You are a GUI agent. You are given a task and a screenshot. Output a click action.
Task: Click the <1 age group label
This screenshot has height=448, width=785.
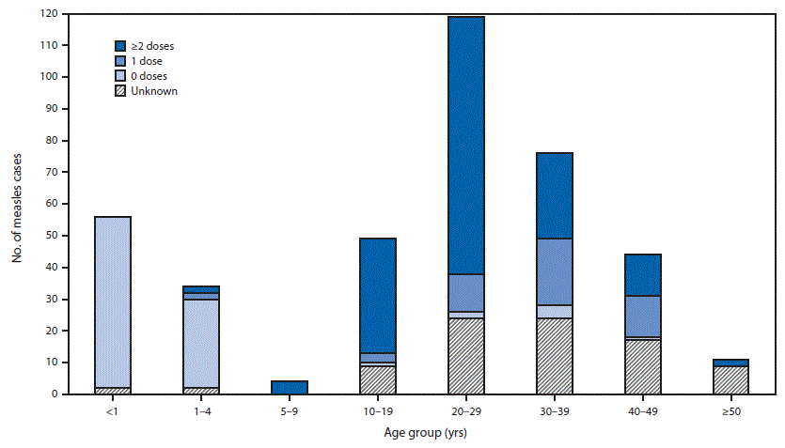[x=112, y=410]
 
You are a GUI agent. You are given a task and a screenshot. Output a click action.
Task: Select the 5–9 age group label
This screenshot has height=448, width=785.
[x=290, y=410]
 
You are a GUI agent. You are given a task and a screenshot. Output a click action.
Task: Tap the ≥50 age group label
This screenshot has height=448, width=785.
[x=731, y=410]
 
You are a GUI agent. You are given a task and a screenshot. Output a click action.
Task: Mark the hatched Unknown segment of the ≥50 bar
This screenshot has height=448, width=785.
[x=731, y=380]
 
